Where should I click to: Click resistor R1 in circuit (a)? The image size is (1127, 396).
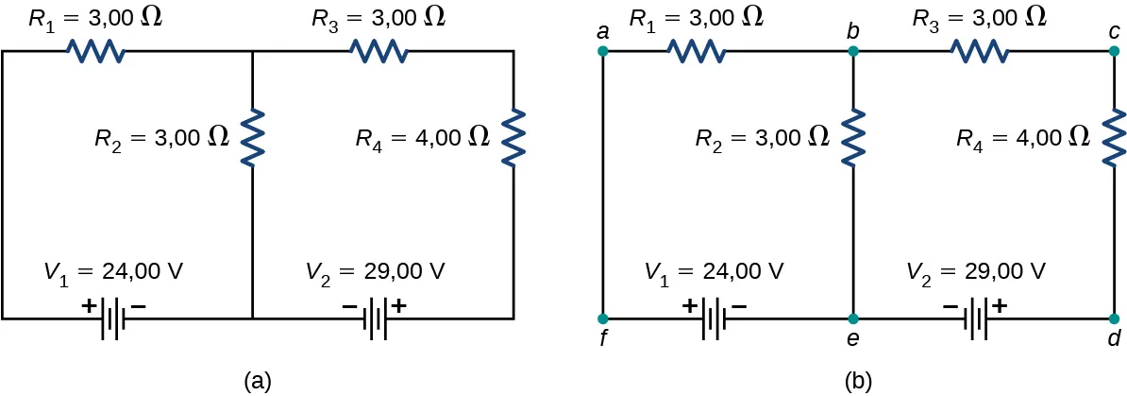[95, 52]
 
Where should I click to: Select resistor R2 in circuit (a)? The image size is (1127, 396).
[252, 136]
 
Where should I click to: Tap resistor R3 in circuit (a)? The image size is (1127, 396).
[379, 52]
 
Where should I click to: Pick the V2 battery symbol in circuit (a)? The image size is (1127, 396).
[377, 317]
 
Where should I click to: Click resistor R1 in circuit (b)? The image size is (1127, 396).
[697, 52]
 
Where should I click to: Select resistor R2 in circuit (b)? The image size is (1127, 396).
[852, 136]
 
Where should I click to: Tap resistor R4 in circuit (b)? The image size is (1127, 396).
[1115, 136]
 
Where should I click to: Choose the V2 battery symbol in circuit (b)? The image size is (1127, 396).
[979, 317]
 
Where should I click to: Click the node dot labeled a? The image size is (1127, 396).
[603, 52]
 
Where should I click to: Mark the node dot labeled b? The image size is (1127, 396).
[852, 52]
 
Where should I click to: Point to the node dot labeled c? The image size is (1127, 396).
[1115, 52]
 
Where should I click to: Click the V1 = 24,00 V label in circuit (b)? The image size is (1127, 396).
[714, 271]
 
